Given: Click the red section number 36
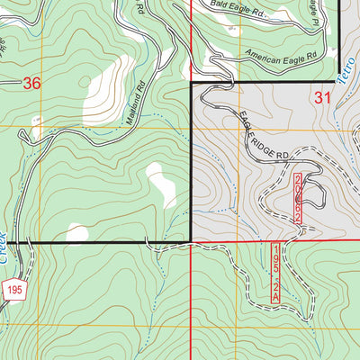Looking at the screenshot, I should (x=31, y=84).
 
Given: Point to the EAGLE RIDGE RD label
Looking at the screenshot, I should (x=264, y=137).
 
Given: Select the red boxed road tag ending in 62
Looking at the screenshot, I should (x=298, y=205).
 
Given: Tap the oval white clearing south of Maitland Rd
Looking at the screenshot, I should (x=161, y=184).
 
